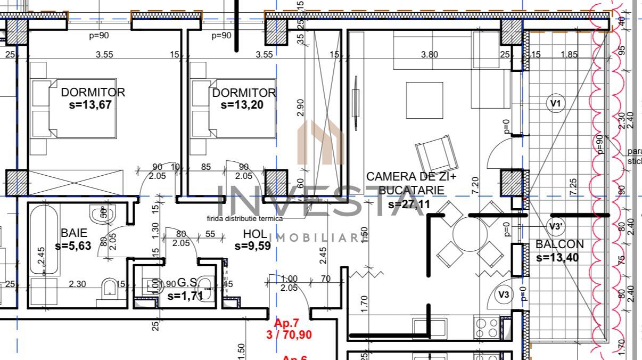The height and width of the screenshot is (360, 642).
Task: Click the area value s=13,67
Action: [90, 105]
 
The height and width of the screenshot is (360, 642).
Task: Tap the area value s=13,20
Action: [242, 105]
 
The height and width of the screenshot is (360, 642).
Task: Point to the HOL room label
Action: [255, 233]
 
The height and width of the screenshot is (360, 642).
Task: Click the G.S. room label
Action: [188, 282]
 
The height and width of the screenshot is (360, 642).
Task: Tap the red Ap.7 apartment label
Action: [287, 323]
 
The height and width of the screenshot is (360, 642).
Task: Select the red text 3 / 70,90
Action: [289, 335]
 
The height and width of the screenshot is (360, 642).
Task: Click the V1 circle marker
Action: [556, 103]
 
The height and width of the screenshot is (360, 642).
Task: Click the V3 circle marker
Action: [504, 294]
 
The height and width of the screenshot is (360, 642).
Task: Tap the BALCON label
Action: [559, 244]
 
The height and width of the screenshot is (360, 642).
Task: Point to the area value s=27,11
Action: [409, 203]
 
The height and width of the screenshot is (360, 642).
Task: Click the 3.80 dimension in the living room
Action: [429, 54]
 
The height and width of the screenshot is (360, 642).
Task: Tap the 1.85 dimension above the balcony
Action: [569, 54]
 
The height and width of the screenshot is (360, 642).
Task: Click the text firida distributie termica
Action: [245, 218]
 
